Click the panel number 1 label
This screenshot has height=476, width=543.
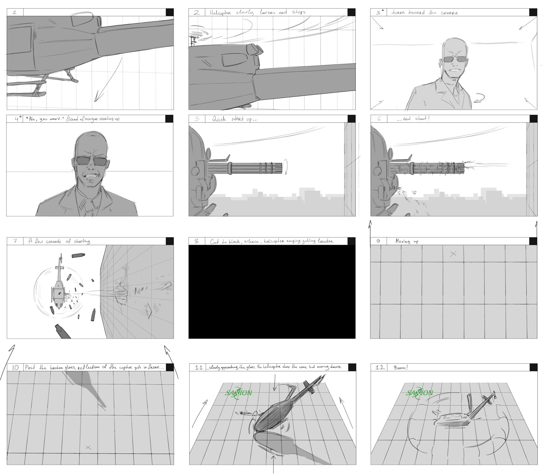(x=15, y=12)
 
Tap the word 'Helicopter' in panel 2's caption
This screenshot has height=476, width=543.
(x=221, y=13)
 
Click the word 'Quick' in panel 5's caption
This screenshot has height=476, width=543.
(x=219, y=119)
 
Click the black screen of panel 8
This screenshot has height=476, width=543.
(x=272, y=292)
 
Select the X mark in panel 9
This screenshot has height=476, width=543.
(x=453, y=254)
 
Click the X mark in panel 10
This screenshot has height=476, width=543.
(x=88, y=447)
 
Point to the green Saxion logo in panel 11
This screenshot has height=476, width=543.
(x=238, y=393)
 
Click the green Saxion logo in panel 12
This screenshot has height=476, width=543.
(x=419, y=393)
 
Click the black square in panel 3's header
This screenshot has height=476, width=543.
(x=533, y=12)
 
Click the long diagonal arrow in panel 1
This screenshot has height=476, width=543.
(x=109, y=79)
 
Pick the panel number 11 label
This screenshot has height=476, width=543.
(x=199, y=367)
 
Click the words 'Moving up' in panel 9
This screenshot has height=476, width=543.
(x=407, y=241)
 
